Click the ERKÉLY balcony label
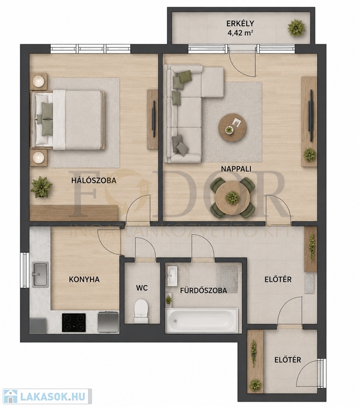coord(240,23)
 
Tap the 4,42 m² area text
coord(240,33)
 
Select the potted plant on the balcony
coord(296,28)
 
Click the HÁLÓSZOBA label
coord(94,180)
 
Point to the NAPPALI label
coord(236,169)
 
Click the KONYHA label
coord(84,279)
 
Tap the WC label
coord(142,288)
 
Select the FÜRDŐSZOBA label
coord(204,290)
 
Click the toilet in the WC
coord(141,311)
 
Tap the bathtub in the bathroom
coord(202,320)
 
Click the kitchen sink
coord(40,275)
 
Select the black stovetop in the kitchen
coord(74,322)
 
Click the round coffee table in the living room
coord(232,127)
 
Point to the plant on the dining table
coord(232,198)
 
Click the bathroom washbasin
coord(171,276)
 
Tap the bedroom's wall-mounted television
coord(154,119)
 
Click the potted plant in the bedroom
coord(41,187)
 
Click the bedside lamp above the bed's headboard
coord(39,81)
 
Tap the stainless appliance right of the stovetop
coord(108,322)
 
